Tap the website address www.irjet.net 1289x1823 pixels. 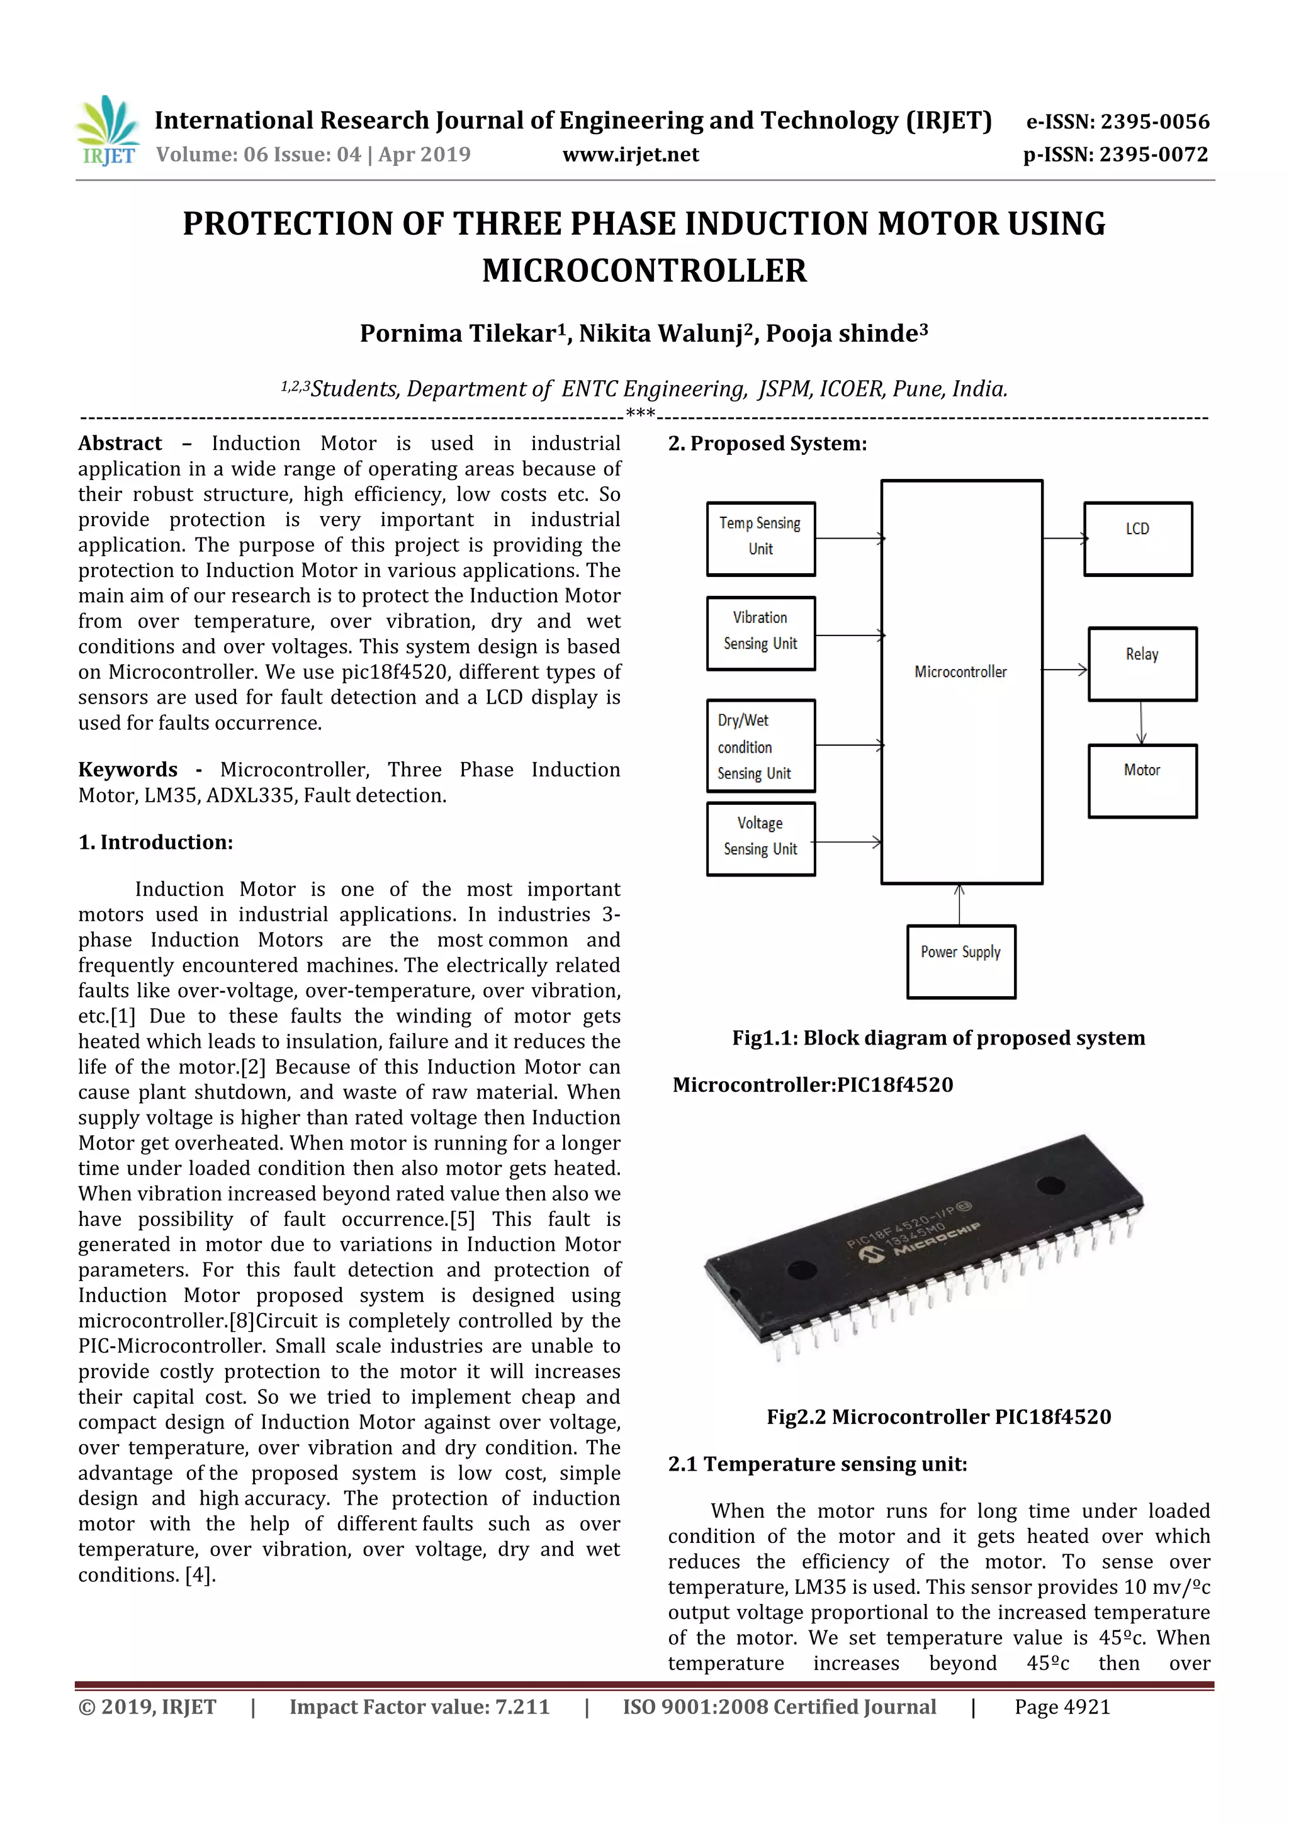point(631,155)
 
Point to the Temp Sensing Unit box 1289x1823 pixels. point(760,538)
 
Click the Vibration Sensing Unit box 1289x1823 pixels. point(760,633)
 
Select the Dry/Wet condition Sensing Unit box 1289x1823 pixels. point(760,746)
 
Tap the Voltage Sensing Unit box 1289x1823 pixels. point(760,838)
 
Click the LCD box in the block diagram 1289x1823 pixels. point(1137,538)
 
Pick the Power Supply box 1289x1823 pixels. point(960,961)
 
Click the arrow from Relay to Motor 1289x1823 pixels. point(1141,722)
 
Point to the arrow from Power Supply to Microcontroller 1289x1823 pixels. point(959,904)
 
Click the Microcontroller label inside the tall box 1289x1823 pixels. point(960,671)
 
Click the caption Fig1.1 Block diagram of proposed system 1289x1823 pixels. point(938,1038)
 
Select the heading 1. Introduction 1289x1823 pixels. point(155,843)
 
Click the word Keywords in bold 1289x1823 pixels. point(127,770)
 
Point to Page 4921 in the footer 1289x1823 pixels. point(1062,1707)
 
